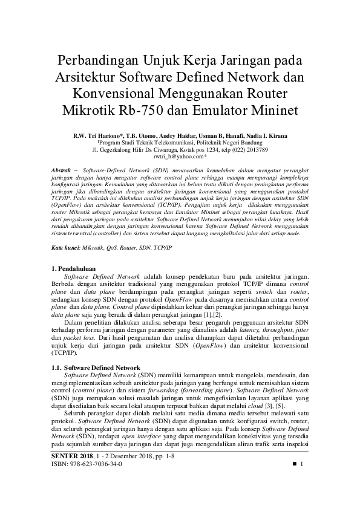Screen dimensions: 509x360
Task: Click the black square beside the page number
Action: pyautogui.click(x=295, y=464)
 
